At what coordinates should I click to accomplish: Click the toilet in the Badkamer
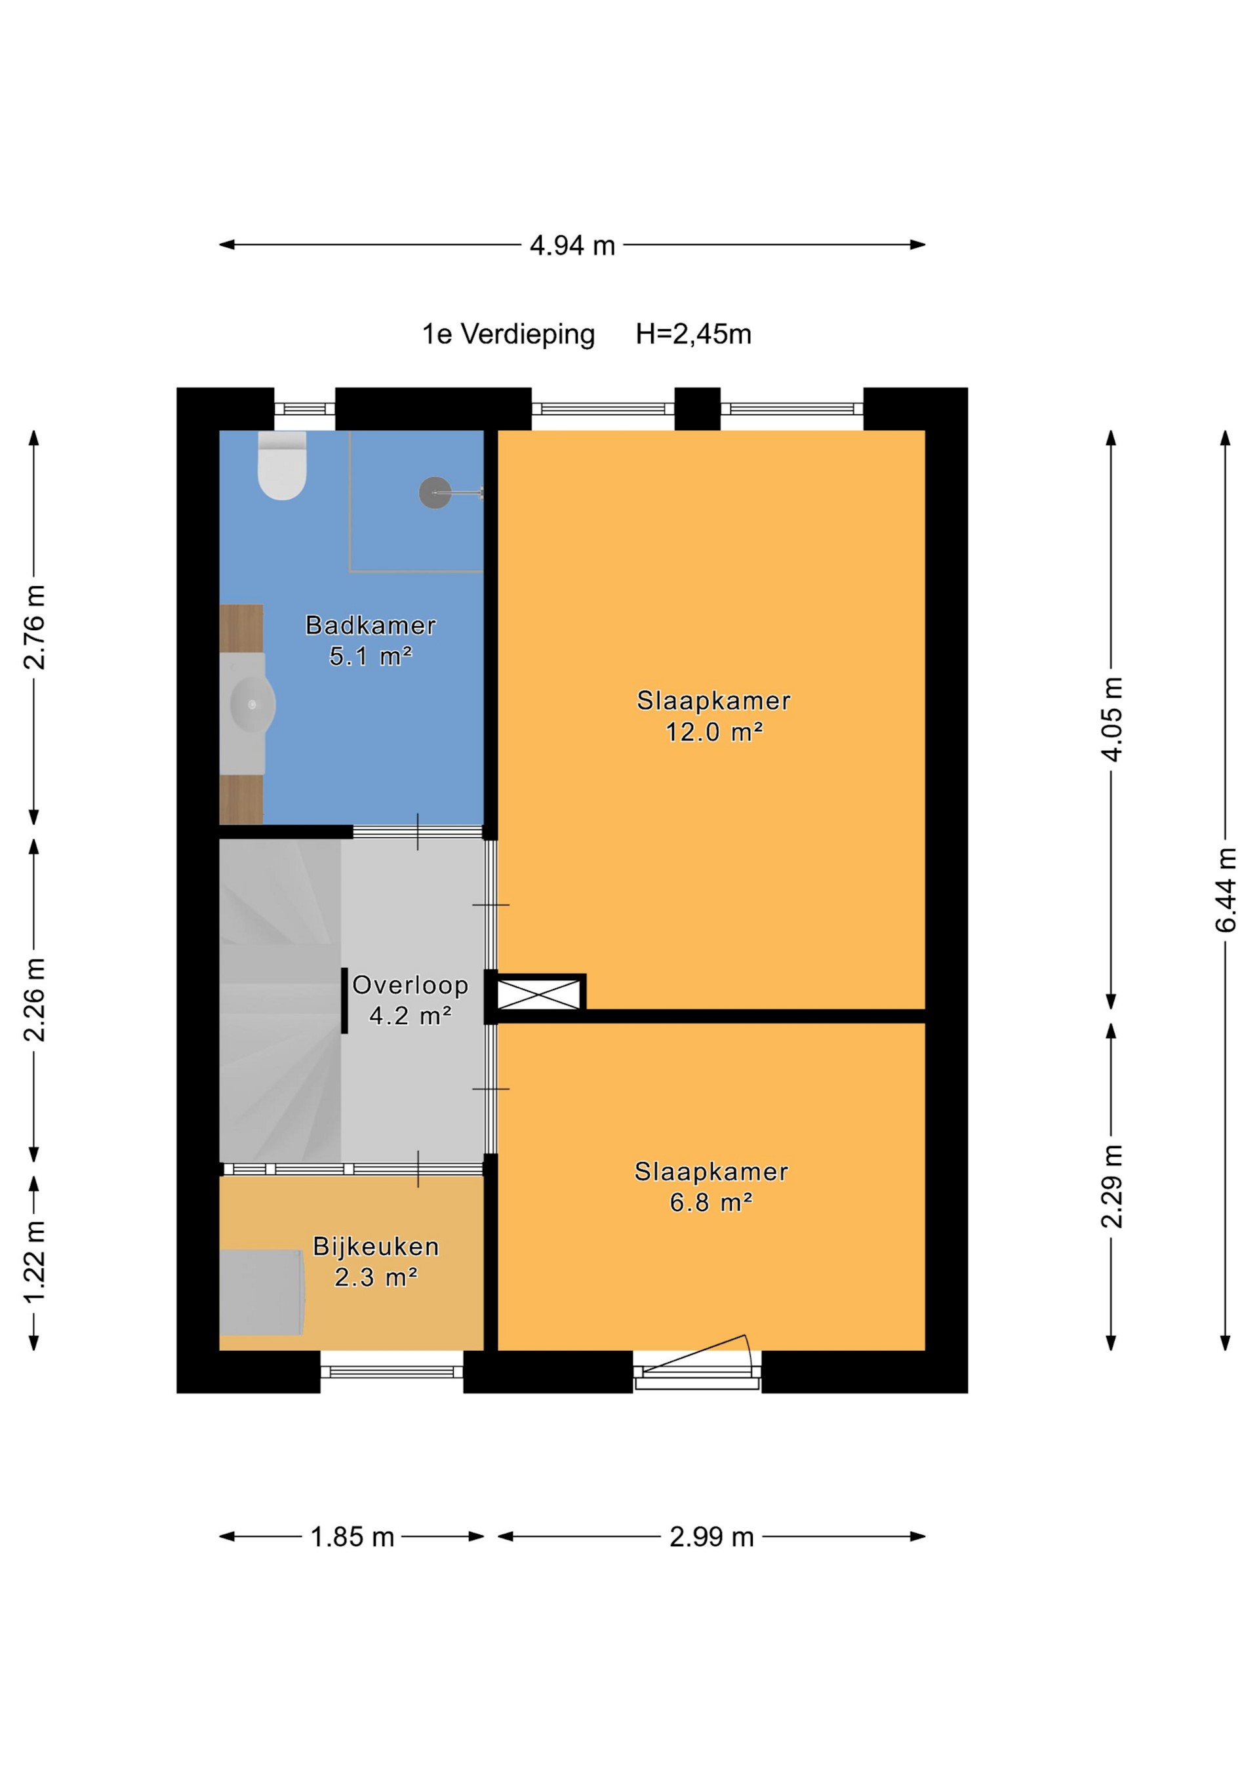283,468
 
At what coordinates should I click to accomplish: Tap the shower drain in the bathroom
435,492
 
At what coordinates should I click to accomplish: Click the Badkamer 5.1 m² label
370,641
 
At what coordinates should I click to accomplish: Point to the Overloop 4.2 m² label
410,1000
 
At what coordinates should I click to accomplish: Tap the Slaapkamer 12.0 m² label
713,716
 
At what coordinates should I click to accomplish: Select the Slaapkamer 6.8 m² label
711,1187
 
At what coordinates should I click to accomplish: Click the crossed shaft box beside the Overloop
538,995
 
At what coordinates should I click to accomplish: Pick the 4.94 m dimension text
572,246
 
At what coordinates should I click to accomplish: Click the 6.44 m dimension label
1226,890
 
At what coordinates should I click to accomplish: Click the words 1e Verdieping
508,334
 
